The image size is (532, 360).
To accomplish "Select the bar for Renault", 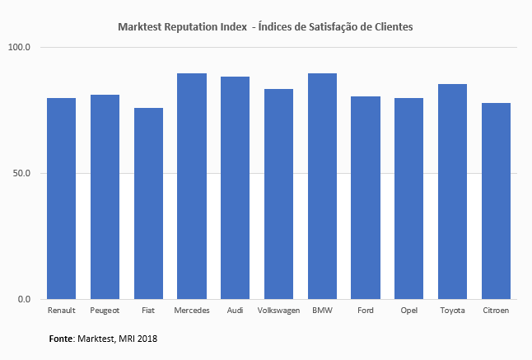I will (x=62, y=199).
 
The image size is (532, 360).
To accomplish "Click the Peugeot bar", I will (x=105, y=197).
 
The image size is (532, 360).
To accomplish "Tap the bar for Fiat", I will (x=148, y=203).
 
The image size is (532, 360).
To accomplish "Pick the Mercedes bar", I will (x=192, y=186).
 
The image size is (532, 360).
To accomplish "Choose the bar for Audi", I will (x=236, y=188).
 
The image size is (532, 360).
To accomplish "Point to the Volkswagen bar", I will (x=278, y=194).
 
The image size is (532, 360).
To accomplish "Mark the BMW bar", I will (x=322, y=186).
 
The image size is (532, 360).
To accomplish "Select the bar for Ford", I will (x=366, y=198).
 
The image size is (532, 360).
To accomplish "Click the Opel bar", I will (x=408, y=199).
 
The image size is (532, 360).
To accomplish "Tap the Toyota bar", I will (x=452, y=191).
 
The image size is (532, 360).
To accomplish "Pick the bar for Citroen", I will (x=496, y=201).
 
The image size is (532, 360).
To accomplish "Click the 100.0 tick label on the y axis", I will (x=19, y=48).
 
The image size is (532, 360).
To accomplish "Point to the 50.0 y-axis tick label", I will (x=21, y=174).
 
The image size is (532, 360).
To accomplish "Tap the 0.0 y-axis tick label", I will (x=24, y=300).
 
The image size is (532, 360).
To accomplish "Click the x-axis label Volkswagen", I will (x=278, y=311).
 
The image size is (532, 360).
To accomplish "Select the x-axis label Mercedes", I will (x=192, y=311).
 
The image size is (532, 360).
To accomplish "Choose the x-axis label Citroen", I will (x=496, y=311).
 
